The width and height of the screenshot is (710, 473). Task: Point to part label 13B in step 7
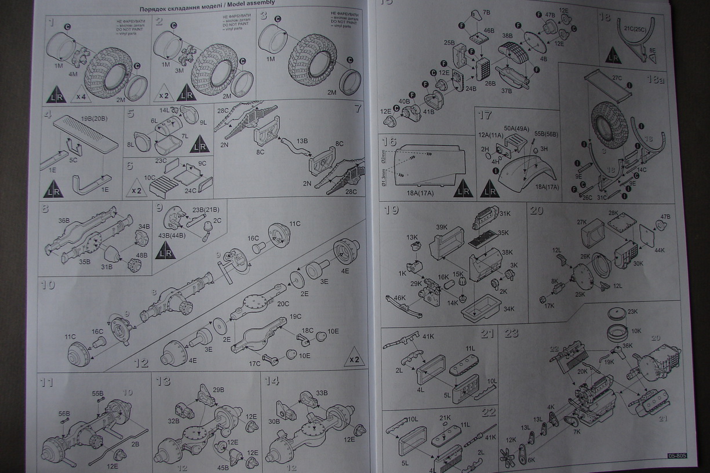click(x=301, y=140)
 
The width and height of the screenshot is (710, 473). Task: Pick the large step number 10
click(x=48, y=285)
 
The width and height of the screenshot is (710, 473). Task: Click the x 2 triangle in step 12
click(x=355, y=360)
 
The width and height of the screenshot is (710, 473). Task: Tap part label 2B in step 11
click(x=134, y=444)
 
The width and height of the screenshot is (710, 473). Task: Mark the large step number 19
click(x=391, y=210)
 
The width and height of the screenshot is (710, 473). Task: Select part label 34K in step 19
click(x=508, y=308)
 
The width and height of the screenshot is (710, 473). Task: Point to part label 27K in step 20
click(x=581, y=221)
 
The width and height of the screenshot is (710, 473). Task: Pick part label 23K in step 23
click(x=632, y=311)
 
